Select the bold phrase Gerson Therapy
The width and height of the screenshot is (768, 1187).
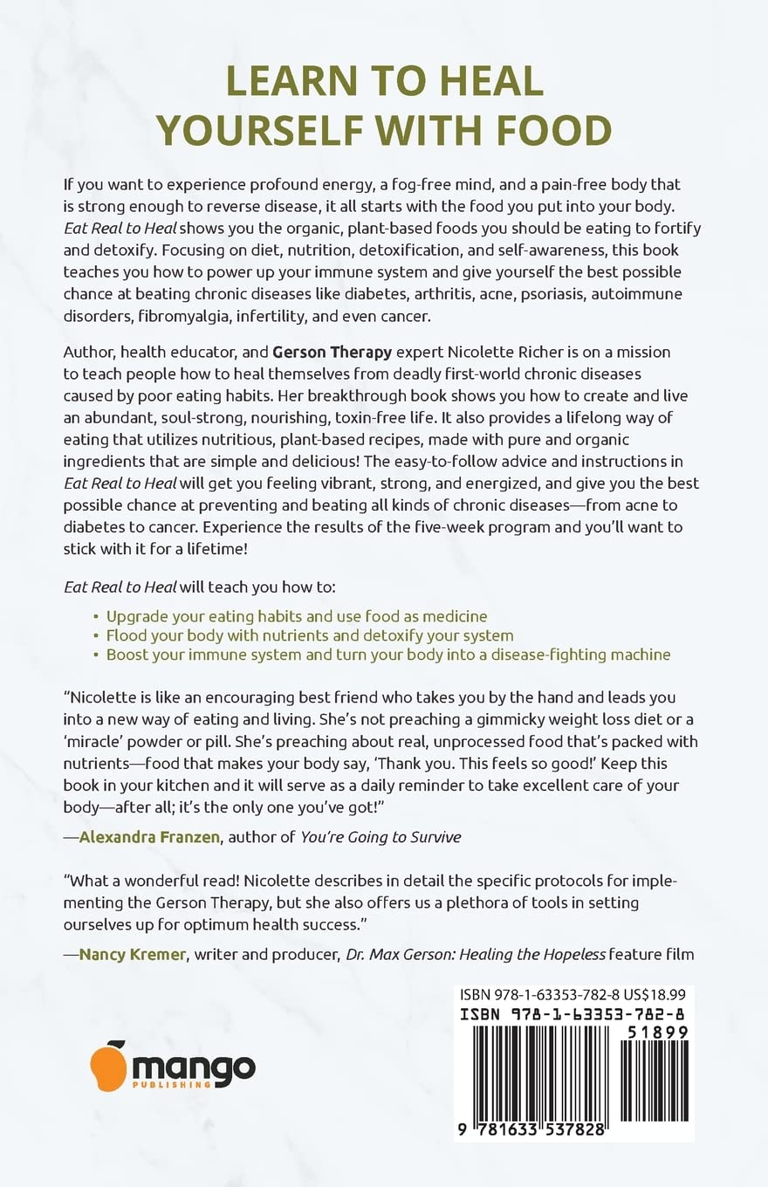(x=326, y=352)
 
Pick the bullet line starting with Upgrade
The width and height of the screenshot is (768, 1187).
(x=296, y=616)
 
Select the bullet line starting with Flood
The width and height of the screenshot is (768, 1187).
(x=309, y=635)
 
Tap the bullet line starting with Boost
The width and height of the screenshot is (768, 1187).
(x=387, y=655)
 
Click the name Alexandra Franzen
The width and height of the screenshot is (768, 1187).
(x=152, y=837)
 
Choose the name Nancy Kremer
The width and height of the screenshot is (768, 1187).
(x=131, y=954)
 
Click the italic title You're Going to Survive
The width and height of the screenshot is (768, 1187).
(x=381, y=837)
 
